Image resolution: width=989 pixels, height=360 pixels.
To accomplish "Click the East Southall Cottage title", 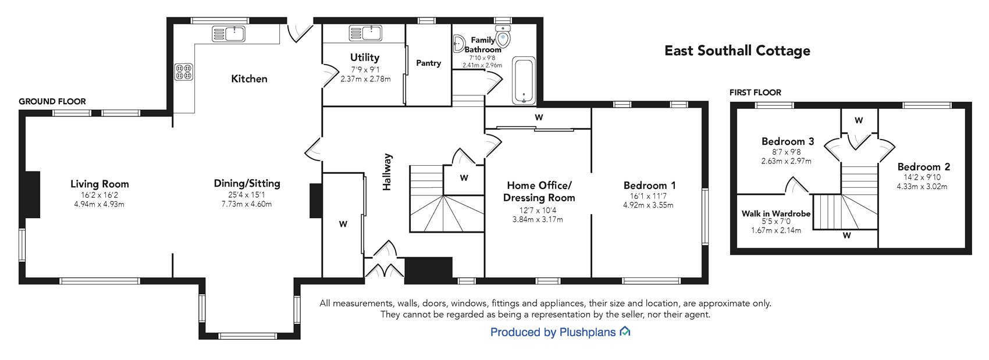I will pyautogui.click(x=737, y=51).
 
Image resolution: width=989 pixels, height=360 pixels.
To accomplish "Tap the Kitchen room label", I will pyautogui.click(x=249, y=79).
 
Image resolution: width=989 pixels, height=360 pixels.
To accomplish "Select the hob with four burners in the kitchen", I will pyautogui.click(x=184, y=72).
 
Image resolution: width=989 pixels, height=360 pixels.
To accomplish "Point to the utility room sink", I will pyautogui.click(x=366, y=33).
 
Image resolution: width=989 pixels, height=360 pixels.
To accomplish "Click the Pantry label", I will pyautogui.click(x=428, y=63).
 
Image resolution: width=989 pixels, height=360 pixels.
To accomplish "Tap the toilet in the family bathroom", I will pyautogui.click(x=503, y=37).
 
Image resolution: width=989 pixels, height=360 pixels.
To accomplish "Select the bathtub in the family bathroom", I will pyautogui.click(x=524, y=80).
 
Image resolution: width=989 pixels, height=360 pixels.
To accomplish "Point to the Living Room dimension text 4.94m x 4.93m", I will pyautogui.click(x=99, y=204).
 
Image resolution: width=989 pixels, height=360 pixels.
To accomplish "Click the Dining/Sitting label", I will pyautogui.click(x=247, y=183).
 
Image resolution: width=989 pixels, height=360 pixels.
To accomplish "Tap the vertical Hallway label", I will pyautogui.click(x=387, y=172).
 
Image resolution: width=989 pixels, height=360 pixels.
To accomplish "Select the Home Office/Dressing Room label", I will pyautogui.click(x=539, y=191).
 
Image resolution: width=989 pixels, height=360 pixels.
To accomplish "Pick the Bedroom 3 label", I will pyautogui.click(x=787, y=141).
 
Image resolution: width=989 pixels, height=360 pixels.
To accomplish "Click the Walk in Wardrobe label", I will pyautogui.click(x=775, y=213).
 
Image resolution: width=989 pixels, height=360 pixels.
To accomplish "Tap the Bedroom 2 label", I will pyautogui.click(x=923, y=166).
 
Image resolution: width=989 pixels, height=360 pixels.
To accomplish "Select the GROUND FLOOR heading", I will pyautogui.click(x=52, y=101).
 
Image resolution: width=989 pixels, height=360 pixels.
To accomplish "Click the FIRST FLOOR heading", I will pyautogui.click(x=755, y=92).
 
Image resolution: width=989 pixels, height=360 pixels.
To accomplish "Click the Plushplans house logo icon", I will pyautogui.click(x=625, y=332).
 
